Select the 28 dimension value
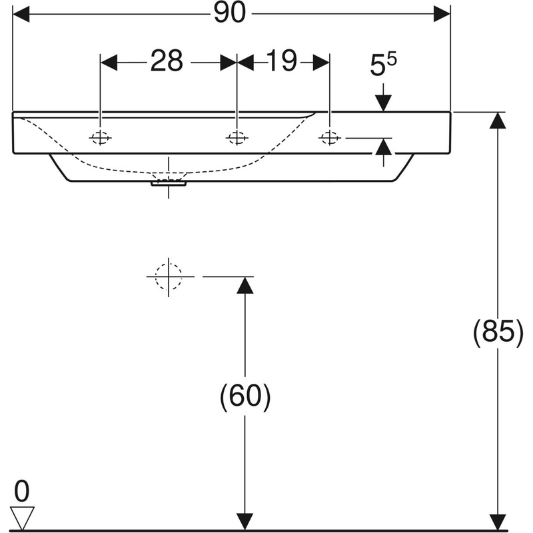[167, 62]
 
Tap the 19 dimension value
[282, 62]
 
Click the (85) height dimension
[497, 331]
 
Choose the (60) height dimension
[245, 398]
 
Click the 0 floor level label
[22, 492]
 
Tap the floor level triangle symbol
[22, 517]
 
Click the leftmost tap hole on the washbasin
[101, 138]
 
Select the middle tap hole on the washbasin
[236, 138]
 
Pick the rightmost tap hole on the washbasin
[329, 138]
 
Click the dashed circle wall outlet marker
[169, 275]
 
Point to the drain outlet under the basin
[169, 182]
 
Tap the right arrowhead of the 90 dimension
[442, 14]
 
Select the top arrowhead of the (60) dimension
[245, 284]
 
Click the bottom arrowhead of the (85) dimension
[497, 522]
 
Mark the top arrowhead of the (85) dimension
[497, 121]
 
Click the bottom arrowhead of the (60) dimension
[245, 522]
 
